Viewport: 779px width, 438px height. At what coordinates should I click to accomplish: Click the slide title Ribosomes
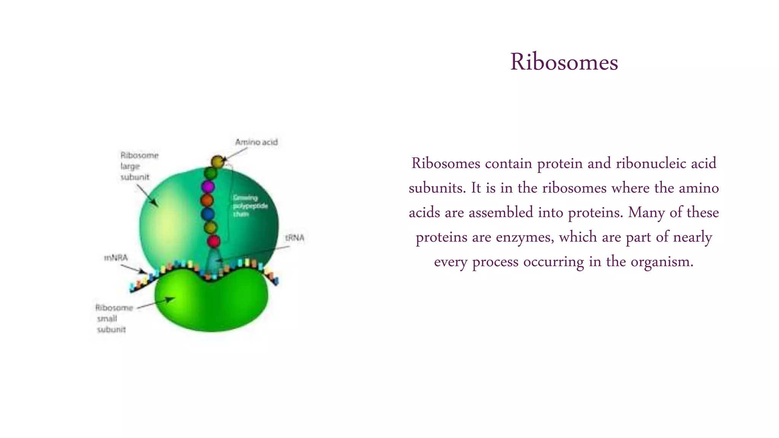[564, 62]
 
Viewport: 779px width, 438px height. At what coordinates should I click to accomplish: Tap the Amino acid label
[256, 142]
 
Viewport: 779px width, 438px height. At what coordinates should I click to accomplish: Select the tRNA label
[295, 238]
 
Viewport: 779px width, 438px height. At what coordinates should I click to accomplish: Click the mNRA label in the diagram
[116, 258]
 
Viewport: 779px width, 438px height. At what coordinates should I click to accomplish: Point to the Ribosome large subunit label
[139, 166]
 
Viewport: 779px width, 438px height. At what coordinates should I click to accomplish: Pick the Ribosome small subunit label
[113, 319]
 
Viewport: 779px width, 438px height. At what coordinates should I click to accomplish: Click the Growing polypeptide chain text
[250, 206]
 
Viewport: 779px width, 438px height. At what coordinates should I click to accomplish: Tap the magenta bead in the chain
[208, 187]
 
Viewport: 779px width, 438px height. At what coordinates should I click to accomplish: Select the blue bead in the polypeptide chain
[208, 214]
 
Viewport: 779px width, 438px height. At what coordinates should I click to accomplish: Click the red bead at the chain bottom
[213, 241]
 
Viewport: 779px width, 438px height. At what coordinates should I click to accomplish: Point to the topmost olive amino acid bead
[218, 162]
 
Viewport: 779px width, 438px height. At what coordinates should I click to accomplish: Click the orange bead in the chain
[207, 200]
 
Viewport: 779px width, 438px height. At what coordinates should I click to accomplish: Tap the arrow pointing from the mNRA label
[133, 268]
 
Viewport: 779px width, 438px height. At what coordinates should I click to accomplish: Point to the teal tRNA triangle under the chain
[214, 260]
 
